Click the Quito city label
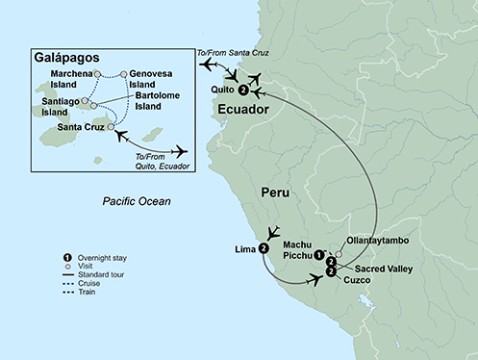222,90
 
